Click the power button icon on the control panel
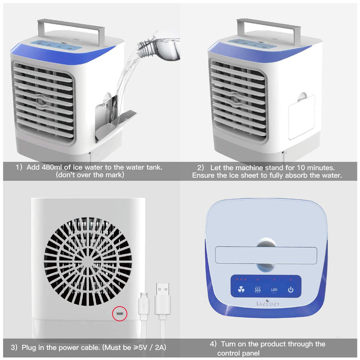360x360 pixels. click(x=291, y=290)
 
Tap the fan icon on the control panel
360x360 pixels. click(x=240, y=290)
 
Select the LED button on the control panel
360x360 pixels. click(x=274, y=290)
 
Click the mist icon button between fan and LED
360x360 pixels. click(x=258, y=290)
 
